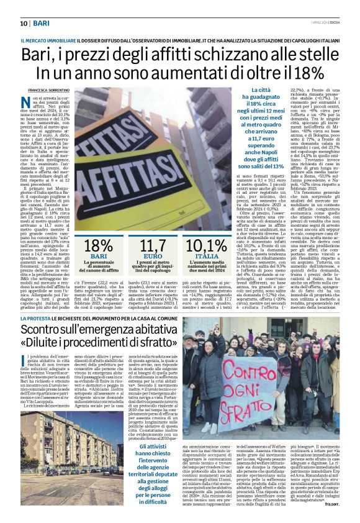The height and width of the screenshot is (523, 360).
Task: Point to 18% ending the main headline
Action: click(x=304, y=73)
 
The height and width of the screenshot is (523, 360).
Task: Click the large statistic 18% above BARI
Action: click(x=97, y=247)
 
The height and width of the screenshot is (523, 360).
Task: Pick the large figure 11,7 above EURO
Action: click(x=157, y=247)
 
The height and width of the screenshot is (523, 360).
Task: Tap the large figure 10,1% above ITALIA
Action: click(x=207, y=247)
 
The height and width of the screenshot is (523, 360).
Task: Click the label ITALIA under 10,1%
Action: click(x=207, y=257)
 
